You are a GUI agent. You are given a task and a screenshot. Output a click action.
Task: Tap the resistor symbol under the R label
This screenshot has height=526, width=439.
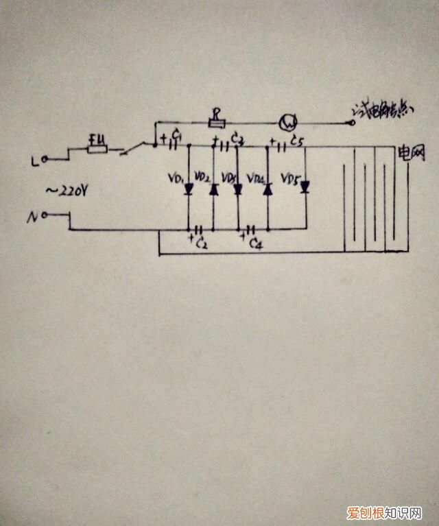coord(217,124)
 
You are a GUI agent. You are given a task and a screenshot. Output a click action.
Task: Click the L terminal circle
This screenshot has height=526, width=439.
coord(44,160)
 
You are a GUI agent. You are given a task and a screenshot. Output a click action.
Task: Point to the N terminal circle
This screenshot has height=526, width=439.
coord(44,215)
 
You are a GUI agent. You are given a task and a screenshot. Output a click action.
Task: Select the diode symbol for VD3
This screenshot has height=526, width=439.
coord(238,189)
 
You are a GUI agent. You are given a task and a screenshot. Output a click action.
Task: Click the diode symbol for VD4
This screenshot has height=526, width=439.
coord(267,189)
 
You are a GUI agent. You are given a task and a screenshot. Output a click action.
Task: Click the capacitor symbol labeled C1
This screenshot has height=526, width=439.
coord(174,145)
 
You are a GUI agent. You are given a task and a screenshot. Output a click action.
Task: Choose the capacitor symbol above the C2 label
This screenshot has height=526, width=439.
coord(200,230)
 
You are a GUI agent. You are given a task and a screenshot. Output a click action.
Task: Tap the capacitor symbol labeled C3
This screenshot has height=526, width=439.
coord(224,145)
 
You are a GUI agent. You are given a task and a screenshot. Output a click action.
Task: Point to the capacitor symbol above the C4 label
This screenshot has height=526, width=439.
coord(251,230)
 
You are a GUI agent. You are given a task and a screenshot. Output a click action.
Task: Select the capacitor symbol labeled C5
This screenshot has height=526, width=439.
coord(282,145)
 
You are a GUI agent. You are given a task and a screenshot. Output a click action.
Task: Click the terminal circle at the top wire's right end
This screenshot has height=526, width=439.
coord(354,123)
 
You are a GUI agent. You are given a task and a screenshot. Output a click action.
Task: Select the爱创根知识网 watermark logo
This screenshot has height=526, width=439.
coord(383,512)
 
